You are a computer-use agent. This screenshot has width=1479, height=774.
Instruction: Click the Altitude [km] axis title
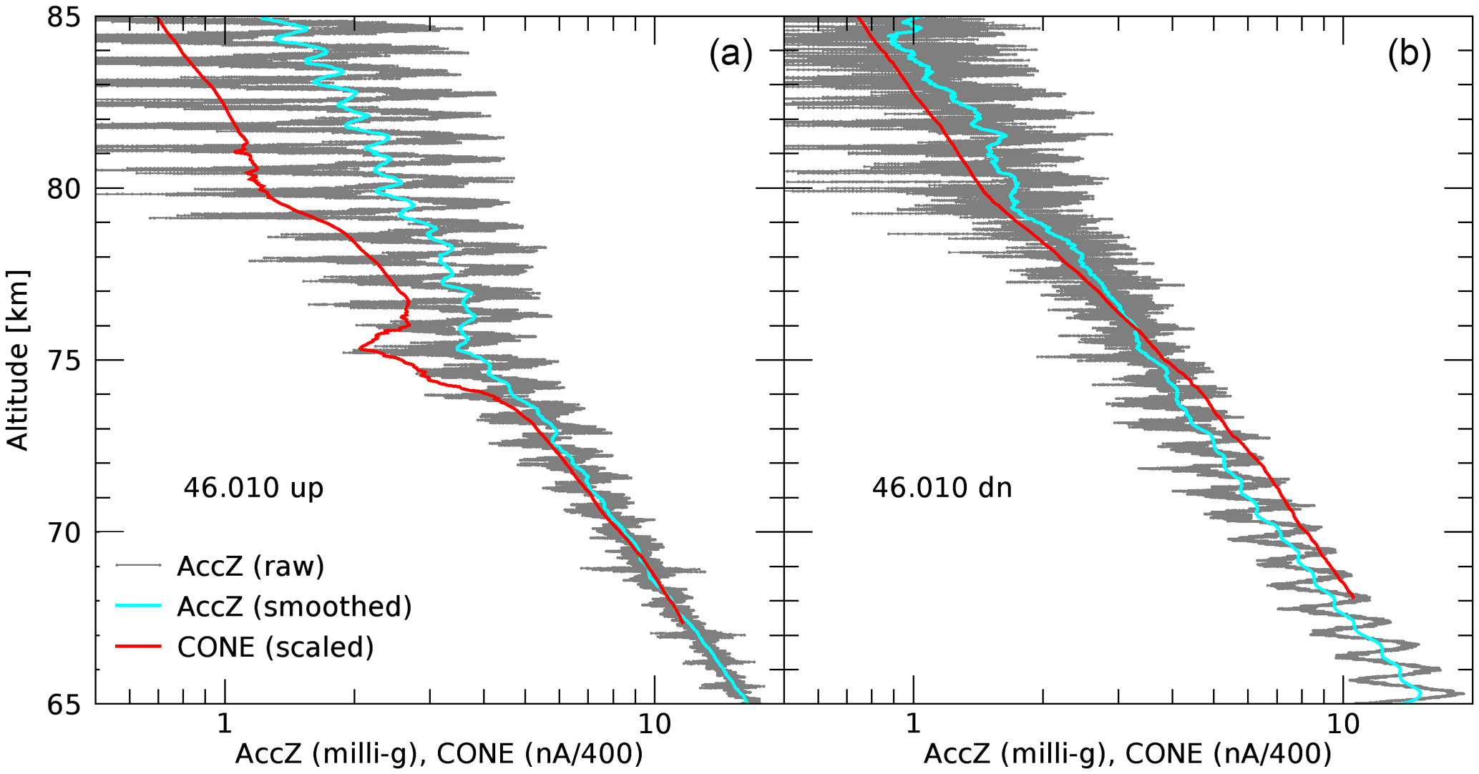[17, 360]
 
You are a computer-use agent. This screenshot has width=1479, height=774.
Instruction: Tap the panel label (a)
[731, 54]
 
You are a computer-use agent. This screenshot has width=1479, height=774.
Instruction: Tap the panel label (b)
[1409, 54]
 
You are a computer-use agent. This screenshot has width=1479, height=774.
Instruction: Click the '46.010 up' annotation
[253, 488]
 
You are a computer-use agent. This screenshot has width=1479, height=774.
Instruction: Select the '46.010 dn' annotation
[942, 488]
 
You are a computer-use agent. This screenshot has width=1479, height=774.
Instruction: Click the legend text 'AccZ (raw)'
[250, 566]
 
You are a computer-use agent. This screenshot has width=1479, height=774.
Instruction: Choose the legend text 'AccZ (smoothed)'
[294, 606]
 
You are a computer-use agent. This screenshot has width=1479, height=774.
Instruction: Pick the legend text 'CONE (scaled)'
[275, 647]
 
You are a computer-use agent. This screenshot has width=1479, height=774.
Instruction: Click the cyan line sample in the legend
[139, 606]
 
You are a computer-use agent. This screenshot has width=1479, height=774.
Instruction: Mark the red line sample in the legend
[139, 647]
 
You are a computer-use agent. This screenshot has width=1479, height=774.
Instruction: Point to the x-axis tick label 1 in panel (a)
[225, 724]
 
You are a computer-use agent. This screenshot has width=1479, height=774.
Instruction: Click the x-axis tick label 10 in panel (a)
[653, 724]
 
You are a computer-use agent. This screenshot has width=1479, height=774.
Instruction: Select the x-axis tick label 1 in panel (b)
[913, 724]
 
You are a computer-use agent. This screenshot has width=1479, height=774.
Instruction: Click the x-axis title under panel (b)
[1128, 754]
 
